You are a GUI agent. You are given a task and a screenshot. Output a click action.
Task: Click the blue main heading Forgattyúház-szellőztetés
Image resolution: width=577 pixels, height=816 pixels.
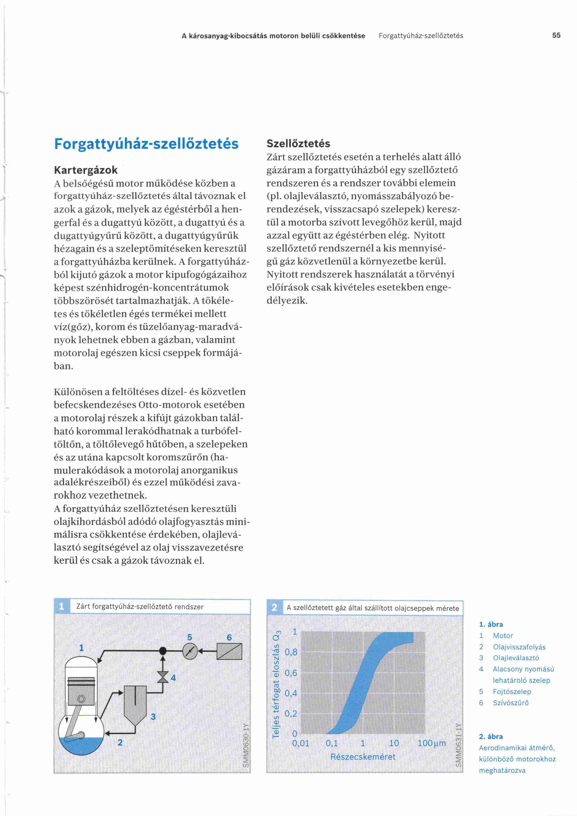coord(146,144)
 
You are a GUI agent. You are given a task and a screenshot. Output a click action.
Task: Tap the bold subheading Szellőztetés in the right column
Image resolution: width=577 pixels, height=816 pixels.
coord(298,144)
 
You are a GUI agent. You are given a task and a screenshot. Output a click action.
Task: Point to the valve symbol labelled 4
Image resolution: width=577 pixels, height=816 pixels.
coord(163,677)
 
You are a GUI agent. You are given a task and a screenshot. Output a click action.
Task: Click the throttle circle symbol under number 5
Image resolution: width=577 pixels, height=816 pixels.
coord(190,651)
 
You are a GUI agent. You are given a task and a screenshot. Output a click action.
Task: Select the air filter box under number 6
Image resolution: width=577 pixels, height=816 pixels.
coord(229,651)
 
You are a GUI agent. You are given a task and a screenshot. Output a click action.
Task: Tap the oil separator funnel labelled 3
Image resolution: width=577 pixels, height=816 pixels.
coord(135,699)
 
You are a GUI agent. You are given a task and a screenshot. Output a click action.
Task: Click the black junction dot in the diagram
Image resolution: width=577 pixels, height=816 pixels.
coord(163,651)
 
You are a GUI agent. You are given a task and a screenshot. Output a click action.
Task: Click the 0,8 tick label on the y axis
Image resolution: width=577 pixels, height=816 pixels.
coord(291,652)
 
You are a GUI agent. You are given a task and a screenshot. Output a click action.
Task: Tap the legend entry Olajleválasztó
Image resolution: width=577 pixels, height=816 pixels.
coord(516,658)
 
